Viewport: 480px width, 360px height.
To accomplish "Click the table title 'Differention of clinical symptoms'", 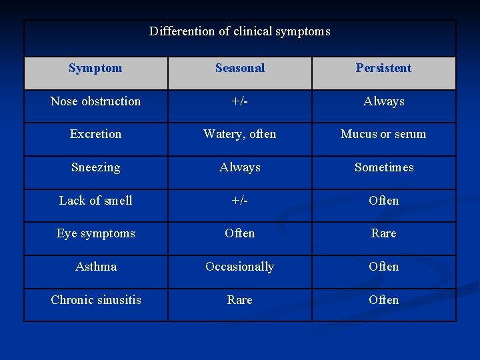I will (240, 31).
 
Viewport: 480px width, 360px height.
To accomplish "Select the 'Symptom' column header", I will (95, 68).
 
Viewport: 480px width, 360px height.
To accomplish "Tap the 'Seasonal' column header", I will (240, 68).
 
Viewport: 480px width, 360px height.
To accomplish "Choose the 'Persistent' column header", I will (383, 68).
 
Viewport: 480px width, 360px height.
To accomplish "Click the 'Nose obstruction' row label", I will (95, 101).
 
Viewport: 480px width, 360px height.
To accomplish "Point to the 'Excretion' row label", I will (95, 134).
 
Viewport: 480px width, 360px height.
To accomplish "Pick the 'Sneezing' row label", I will (95, 167).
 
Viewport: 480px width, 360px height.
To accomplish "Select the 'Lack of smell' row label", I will (95, 201).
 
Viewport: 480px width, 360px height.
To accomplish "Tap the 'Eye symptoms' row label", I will (95, 233).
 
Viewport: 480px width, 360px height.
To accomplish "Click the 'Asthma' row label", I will (95, 267).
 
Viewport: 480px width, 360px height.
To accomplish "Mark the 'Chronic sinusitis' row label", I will (95, 300).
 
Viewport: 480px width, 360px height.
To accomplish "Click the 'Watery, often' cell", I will (240, 134).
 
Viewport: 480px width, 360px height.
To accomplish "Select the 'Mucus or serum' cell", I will (383, 134).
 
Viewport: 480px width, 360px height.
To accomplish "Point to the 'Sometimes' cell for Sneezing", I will (383, 167).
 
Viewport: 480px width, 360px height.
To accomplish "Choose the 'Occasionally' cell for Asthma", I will (240, 267).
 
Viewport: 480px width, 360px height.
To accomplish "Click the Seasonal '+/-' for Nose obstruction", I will (240, 101).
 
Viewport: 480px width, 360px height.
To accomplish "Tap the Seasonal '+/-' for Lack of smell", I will (240, 201).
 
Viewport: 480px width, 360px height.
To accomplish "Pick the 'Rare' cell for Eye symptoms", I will (383, 233).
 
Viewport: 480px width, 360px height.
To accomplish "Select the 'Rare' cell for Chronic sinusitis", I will (240, 300).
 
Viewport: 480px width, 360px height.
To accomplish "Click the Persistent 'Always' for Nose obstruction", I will (383, 101).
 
